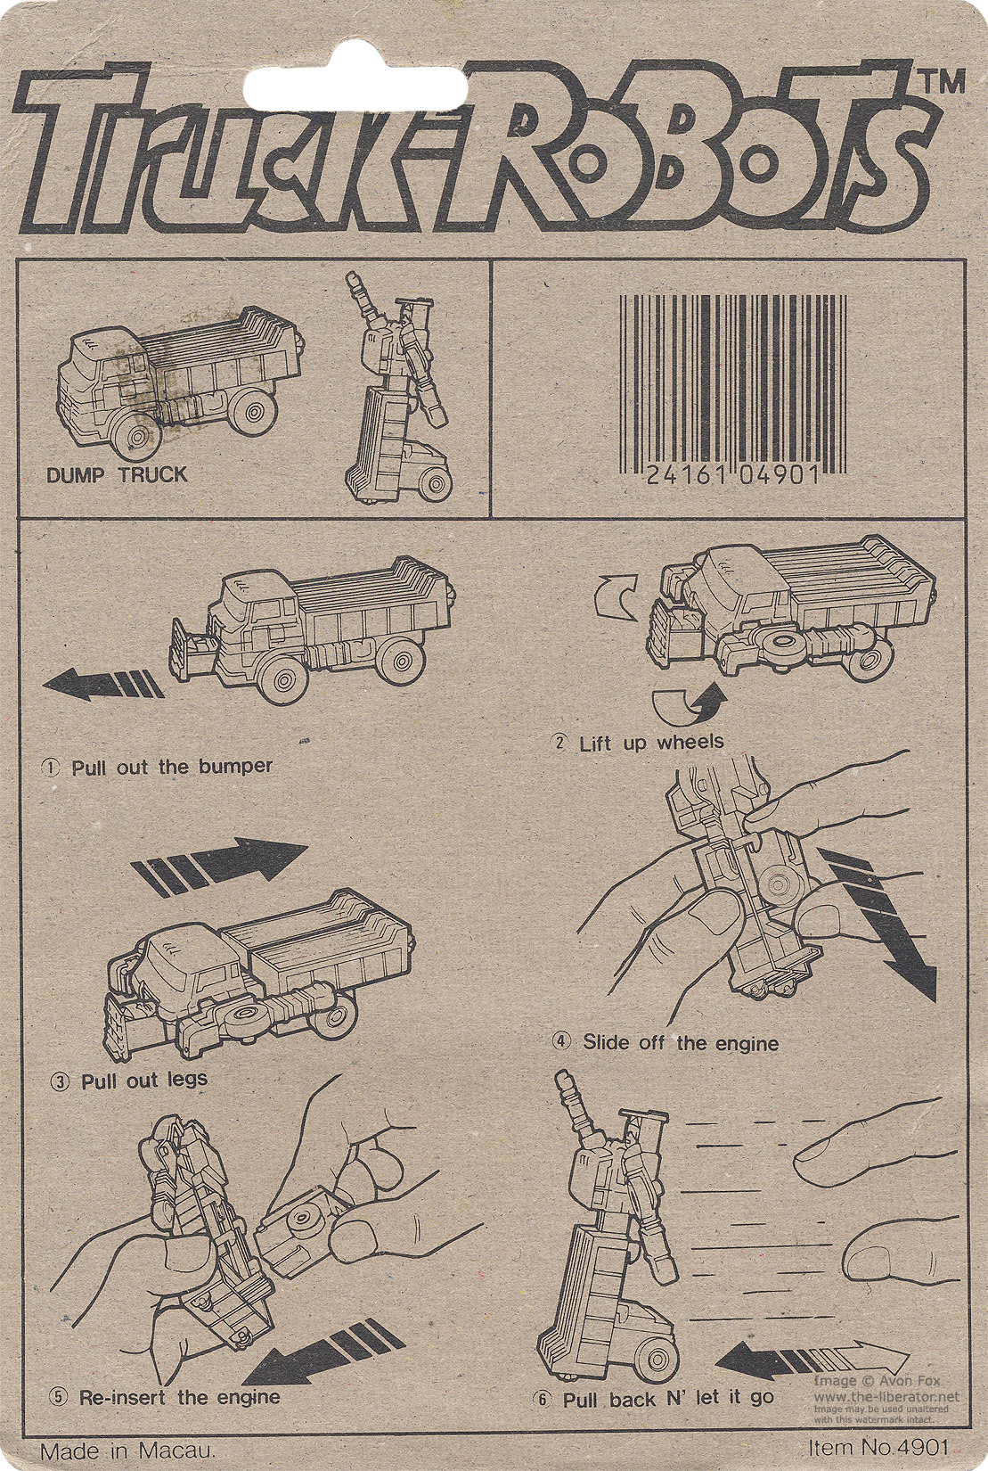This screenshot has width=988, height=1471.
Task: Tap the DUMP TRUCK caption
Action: pyautogui.click(x=117, y=474)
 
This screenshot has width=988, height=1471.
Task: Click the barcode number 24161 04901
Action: pyautogui.click(x=733, y=473)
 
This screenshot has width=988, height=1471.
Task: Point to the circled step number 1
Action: pyautogui.click(x=50, y=768)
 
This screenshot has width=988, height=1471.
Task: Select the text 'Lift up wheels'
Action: pyautogui.click(x=651, y=743)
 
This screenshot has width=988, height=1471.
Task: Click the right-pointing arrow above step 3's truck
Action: pyautogui.click(x=220, y=866)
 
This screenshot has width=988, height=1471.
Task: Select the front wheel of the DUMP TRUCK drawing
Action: pyautogui.click(x=138, y=438)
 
